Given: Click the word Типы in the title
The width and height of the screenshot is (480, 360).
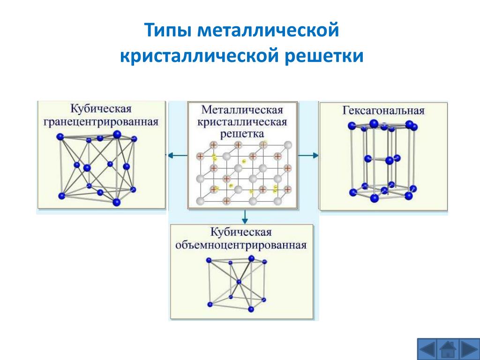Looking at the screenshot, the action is click(x=168, y=30).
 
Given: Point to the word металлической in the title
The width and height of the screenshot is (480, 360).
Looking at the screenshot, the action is click(x=268, y=30).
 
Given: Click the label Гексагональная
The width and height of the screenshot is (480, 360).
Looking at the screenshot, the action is click(x=383, y=111).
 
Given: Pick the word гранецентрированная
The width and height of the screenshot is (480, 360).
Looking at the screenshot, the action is click(x=101, y=122).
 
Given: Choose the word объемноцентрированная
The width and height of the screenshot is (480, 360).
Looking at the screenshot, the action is click(x=241, y=245).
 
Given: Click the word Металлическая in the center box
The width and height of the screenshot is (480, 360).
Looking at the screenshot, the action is click(x=242, y=110).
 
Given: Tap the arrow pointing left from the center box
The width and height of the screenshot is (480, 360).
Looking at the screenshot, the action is click(x=178, y=156).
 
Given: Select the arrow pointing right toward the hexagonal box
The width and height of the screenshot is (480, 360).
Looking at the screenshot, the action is click(x=308, y=156).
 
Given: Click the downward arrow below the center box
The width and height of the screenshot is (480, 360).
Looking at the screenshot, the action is click(x=244, y=217).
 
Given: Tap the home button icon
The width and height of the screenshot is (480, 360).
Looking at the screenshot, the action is click(x=448, y=349).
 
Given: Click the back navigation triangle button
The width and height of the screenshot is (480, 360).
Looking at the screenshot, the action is click(x=427, y=349).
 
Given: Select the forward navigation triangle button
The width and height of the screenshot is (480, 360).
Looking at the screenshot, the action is click(x=469, y=349).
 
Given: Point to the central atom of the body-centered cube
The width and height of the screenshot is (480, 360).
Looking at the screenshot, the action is click(x=239, y=282).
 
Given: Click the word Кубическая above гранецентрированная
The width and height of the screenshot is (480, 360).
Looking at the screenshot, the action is click(x=101, y=109).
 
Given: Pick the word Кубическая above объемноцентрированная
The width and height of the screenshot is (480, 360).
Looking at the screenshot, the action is click(x=241, y=232).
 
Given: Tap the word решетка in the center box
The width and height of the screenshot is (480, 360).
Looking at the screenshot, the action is click(x=242, y=134).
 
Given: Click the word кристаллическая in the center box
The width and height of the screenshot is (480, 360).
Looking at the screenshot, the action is click(x=242, y=122).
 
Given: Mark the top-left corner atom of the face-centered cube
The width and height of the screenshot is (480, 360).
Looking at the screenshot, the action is click(x=60, y=137).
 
